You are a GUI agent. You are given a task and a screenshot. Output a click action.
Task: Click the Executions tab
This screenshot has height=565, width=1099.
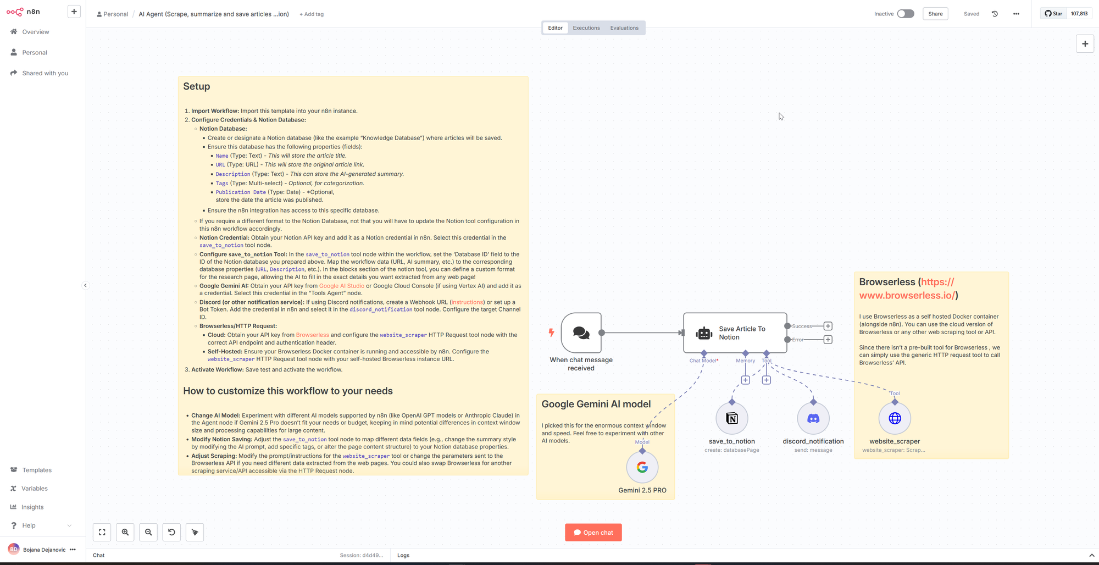[586, 28]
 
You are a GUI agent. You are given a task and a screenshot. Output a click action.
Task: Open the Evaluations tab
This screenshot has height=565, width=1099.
[624, 28]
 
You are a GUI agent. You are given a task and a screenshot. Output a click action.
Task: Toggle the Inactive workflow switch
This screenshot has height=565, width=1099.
[906, 14]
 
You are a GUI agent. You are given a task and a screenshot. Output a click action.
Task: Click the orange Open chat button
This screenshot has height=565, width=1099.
[593, 533]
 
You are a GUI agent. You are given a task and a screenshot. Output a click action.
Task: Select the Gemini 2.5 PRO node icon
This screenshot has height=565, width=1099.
[642, 467]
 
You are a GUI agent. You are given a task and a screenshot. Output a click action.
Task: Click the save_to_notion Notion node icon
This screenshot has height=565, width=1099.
[732, 419]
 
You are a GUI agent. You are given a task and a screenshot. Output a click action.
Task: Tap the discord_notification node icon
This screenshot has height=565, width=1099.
[813, 419]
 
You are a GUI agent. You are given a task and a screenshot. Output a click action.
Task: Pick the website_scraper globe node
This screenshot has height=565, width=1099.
[895, 419]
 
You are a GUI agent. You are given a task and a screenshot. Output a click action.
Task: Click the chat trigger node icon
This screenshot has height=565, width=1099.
[581, 333]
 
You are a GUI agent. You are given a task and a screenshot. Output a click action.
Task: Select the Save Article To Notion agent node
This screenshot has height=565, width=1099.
[735, 333]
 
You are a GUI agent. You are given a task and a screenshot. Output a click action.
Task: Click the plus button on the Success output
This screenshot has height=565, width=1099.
[828, 326]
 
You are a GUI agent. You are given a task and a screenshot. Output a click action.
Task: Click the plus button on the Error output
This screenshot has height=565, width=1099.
[828, 340]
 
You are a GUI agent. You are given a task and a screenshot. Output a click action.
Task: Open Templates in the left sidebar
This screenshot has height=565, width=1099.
[37, 470]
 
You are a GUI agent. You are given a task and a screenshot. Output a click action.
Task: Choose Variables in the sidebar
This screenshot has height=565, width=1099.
[35, 489]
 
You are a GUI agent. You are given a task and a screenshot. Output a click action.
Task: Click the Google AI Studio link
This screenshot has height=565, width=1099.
[342, 286]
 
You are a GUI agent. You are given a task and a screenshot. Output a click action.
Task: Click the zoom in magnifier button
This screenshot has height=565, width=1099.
[125, 532]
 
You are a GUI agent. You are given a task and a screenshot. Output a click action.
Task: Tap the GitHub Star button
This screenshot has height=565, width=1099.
[1053, 14]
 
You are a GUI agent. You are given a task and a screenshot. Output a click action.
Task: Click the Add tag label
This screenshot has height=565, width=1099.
[312, 14]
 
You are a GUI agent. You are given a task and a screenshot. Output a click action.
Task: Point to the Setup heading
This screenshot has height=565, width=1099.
[197, 86]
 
